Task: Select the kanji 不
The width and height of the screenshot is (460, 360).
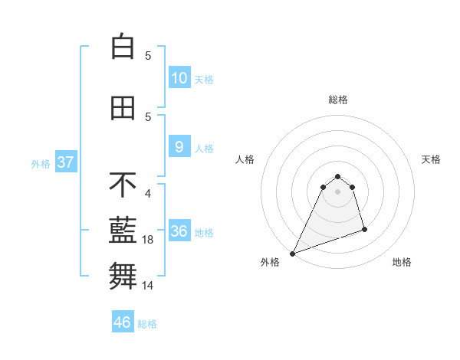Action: [123, 185]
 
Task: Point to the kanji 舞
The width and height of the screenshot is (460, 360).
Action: [123, 275]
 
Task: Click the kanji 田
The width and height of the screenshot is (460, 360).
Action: [123, 109]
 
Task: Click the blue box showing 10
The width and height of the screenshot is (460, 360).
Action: [179, 77]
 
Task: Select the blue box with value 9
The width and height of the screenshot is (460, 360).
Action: [179, 147]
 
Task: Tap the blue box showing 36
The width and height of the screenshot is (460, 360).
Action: [179, 231]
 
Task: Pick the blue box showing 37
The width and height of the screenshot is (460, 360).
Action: [65, 162]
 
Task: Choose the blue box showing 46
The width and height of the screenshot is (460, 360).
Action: [123, 322]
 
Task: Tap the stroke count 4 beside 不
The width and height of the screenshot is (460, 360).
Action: [148, 194]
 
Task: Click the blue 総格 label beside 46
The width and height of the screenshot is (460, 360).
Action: [147, 324]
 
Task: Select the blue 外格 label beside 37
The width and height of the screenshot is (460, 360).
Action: [40, 163]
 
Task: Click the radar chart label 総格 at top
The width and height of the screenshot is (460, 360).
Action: [337, 100]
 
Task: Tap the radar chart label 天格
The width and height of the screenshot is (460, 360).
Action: [432, 159]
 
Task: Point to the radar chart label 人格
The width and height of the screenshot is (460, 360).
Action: [245, 159]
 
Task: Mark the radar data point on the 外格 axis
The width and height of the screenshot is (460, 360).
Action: [292, 254]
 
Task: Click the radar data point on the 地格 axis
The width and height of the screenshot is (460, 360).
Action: [364, 230]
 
